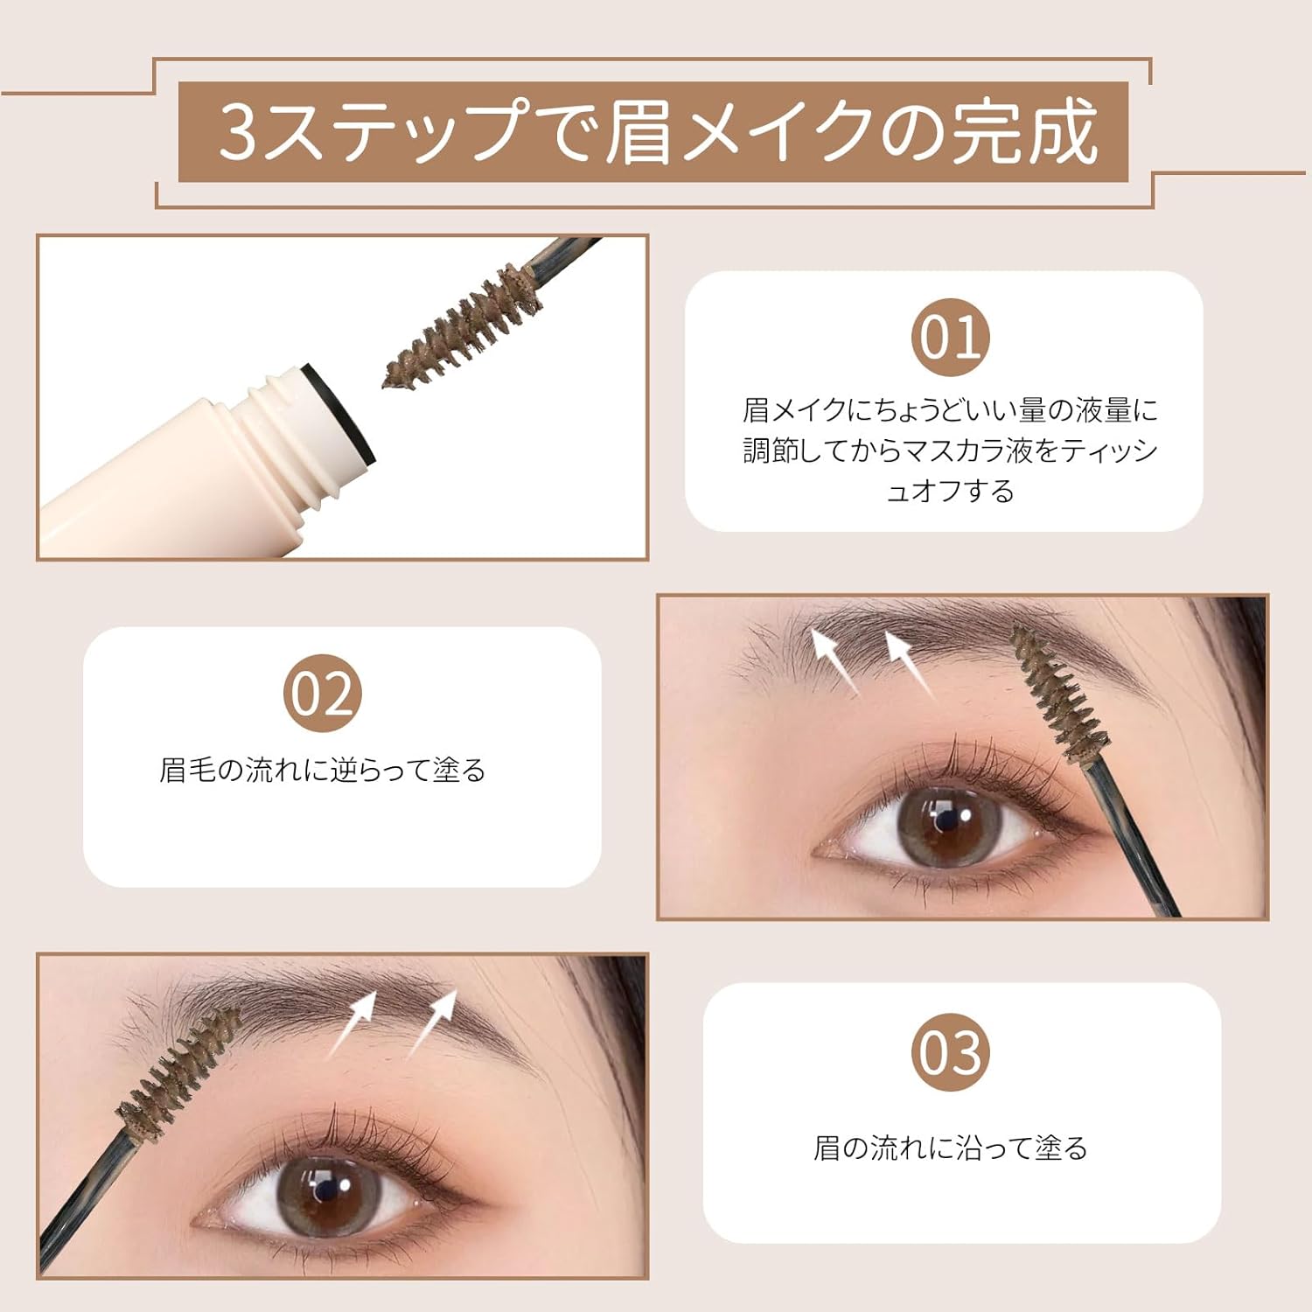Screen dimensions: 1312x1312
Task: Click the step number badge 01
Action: [950, 338]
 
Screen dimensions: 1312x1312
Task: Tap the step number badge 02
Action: [322, 694]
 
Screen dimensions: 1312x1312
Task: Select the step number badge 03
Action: [950, 1052]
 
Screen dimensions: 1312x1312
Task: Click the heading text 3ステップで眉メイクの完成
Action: [656, 132]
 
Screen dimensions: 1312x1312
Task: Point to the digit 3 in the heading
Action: [237, 132]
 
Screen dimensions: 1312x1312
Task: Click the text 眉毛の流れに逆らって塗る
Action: [322, 771]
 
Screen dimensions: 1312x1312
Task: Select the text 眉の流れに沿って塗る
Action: [950, 1148]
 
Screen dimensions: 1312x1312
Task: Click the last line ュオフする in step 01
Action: [950, 492]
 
